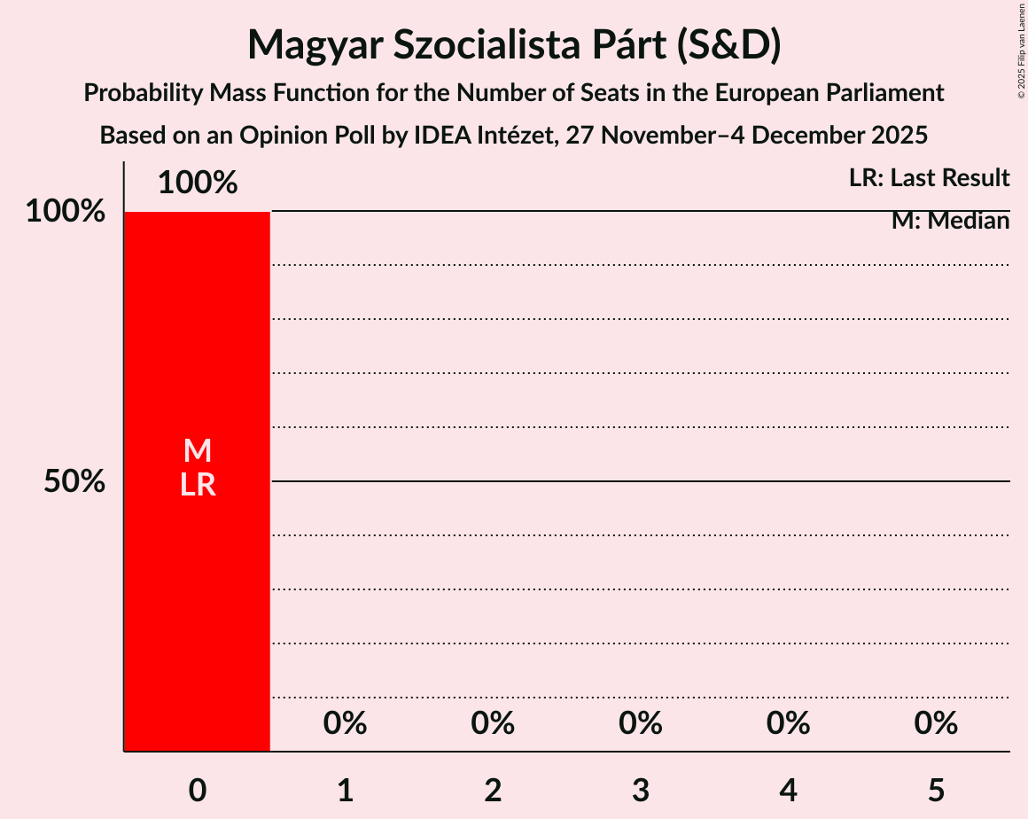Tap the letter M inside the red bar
click(x=197, y=451)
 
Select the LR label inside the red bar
click(x=197, y=485)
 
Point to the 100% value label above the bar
click(x=197, y=183)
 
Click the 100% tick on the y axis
click(x=66, y=212)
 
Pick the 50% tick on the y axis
click(x=74, y=482)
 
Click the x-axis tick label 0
click(x=197, y=790)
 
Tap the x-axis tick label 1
click(x=345, y=790)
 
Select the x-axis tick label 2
click(x=493, y=790)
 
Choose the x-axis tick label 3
click(x=641, y=790)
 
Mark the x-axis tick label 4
click(x=788, y=790)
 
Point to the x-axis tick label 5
click(x=936, y=790)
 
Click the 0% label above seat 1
click(x=345, y=724)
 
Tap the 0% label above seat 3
click(x=641, y=724)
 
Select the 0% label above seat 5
click(x=936, y=724)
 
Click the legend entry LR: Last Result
click(x=928, y=178)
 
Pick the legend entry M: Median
click(x=950, y=221)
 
